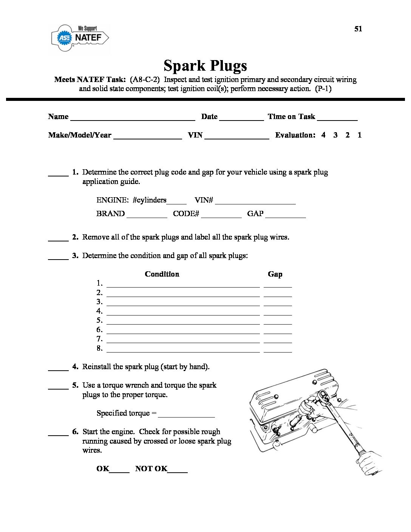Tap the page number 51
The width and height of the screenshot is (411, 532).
(x=358, y=29)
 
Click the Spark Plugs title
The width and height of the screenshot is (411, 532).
(x=205, y=65)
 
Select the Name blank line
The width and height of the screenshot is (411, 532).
(x=133, y=118)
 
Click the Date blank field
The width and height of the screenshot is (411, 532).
(x=241, y=118)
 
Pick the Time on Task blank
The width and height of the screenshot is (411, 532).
(x=337, y=118)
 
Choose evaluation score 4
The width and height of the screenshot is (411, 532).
(x=323, y=135)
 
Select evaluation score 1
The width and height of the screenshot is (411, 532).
(x=360, y=135)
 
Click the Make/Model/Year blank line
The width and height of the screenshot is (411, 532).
(x=148, y=136)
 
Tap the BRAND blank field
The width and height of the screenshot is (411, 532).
(x=147, y=215)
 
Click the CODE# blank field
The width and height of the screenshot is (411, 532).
(x=221, y=215)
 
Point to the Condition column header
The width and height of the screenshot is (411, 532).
(x=162, y=274)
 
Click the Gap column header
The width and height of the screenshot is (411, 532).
(x=275, y=274)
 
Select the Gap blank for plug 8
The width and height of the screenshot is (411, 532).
(x=278, y=350)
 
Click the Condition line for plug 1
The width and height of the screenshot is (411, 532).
(x=183, y=285)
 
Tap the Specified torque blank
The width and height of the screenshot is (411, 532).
(x=187, y=414)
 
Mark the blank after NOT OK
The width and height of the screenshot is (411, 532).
(x=178, y=470)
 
